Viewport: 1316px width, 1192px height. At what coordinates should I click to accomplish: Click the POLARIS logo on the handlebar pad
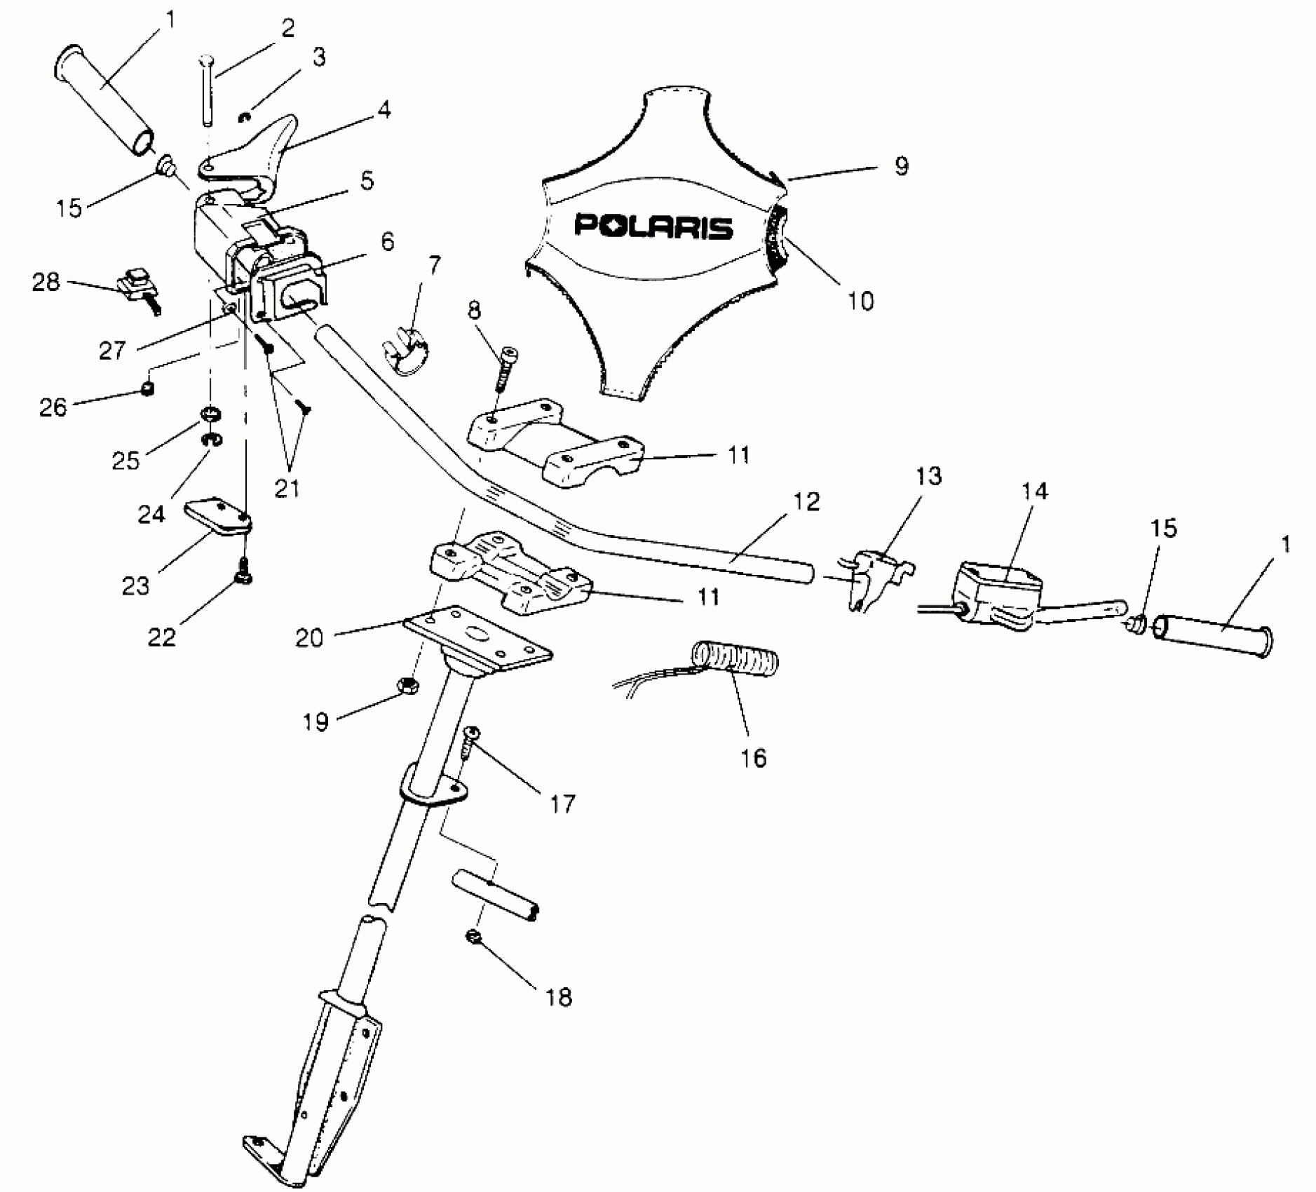coord(653,226)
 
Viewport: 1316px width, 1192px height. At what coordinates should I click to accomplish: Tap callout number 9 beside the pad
coord(901,166)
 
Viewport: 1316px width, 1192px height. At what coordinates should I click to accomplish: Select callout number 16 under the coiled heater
coord(754,757)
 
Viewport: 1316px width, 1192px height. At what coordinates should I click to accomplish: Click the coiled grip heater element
coord(736,660)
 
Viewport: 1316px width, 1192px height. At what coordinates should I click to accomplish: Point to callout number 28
coord(46,283)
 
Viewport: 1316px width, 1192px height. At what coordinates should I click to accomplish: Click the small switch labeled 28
coord(138,286)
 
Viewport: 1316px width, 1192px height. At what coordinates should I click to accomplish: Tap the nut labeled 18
coord(472,936)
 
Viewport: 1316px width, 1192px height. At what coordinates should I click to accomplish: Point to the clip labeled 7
coord(405,348)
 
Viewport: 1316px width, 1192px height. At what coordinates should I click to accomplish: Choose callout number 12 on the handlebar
coord(806,501)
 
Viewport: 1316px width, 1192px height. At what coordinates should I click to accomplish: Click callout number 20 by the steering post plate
coord(309,637)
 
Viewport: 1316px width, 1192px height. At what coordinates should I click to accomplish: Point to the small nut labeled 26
coord(147,388)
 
